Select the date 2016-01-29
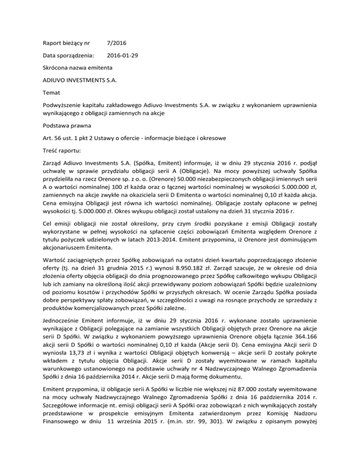pyautogui.click(x=123, y=55)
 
